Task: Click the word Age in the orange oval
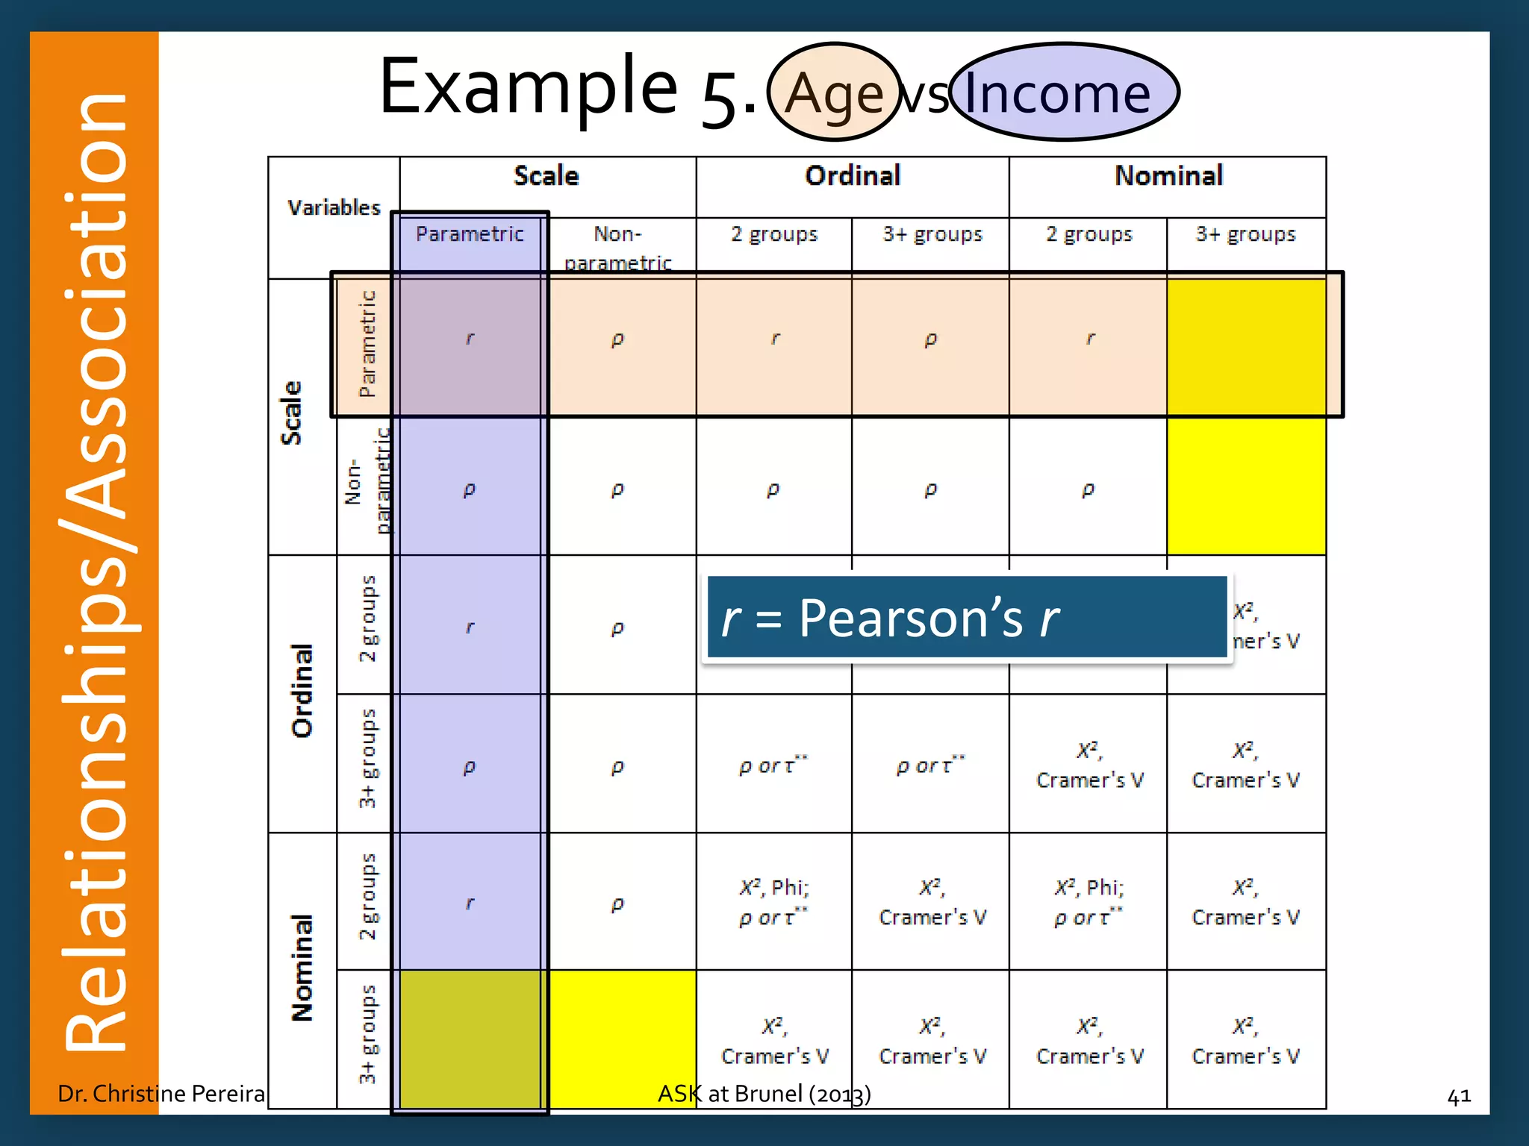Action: pyautogui.click(x=834, y=94)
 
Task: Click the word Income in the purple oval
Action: pyautogui.click(x=1057, y=93)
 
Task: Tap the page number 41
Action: pyautogui.click(x=1458, y=1096)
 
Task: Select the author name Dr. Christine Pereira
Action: pyautogui.click(x=161, y=1093)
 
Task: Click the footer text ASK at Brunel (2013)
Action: pyautogui.click(x=764, y=1093)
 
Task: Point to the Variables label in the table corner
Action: pyautogui.click(x=334, y=207)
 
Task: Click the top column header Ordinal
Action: pyautogui.click(x=853, y=176)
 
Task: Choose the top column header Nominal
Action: pyautogui.click(x=1168, y=176)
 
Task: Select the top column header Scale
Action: pyautogui.click(x=546, y=176)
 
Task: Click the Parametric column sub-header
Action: pyautogui.click(x=470, y=234)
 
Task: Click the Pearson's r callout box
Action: pyautogui.click(x=966, y=618)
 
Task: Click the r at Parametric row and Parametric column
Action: pyautogui.click(x=470, y=339)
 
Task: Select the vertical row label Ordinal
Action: pyautogui.click(x=302, y=691)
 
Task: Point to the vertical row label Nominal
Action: pyautogui.click(x=302, y=968)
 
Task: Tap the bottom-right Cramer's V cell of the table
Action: pyautogui.click(x=1245, y=1040)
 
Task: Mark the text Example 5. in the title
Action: pyautogui.click(x=567, y=90)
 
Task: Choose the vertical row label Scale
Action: pyautogui.click(x=291, y=413)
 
